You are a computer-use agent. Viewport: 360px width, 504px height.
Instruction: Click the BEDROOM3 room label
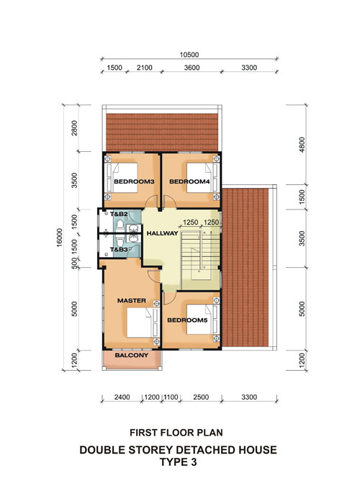point(134,181)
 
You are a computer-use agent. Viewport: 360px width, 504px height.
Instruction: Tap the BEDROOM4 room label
point(189,181)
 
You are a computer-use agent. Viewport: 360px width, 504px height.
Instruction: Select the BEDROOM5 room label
point(187,320)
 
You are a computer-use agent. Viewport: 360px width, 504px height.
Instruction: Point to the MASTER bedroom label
point(132,300)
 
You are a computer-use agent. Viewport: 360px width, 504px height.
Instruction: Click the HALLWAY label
point(162,233)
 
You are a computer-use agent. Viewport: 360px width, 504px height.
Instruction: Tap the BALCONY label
point(132,355)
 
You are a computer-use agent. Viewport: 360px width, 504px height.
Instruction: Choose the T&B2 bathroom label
point(119,214)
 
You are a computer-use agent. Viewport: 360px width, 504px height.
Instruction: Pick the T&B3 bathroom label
point(119,249)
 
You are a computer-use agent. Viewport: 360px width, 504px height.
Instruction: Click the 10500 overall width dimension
point(189,55)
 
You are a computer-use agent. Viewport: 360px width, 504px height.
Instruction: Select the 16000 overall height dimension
point(60,238)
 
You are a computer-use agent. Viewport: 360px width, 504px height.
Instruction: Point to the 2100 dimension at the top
point(144,68)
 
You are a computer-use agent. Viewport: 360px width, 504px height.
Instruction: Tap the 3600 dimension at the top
point(192,68)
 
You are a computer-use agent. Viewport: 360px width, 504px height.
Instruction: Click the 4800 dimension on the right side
point(302,145)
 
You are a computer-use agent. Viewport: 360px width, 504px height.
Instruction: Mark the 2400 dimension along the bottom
point(122,397)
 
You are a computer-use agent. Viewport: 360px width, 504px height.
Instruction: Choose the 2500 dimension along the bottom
point(201,397)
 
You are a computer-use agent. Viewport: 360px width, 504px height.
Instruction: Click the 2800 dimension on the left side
point(75,128)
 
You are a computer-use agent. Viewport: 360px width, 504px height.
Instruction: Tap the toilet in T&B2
point(120,225)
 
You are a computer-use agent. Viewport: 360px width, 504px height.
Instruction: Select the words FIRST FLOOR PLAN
point(176,433)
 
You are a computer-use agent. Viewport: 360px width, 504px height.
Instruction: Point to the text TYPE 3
point(178,462)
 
